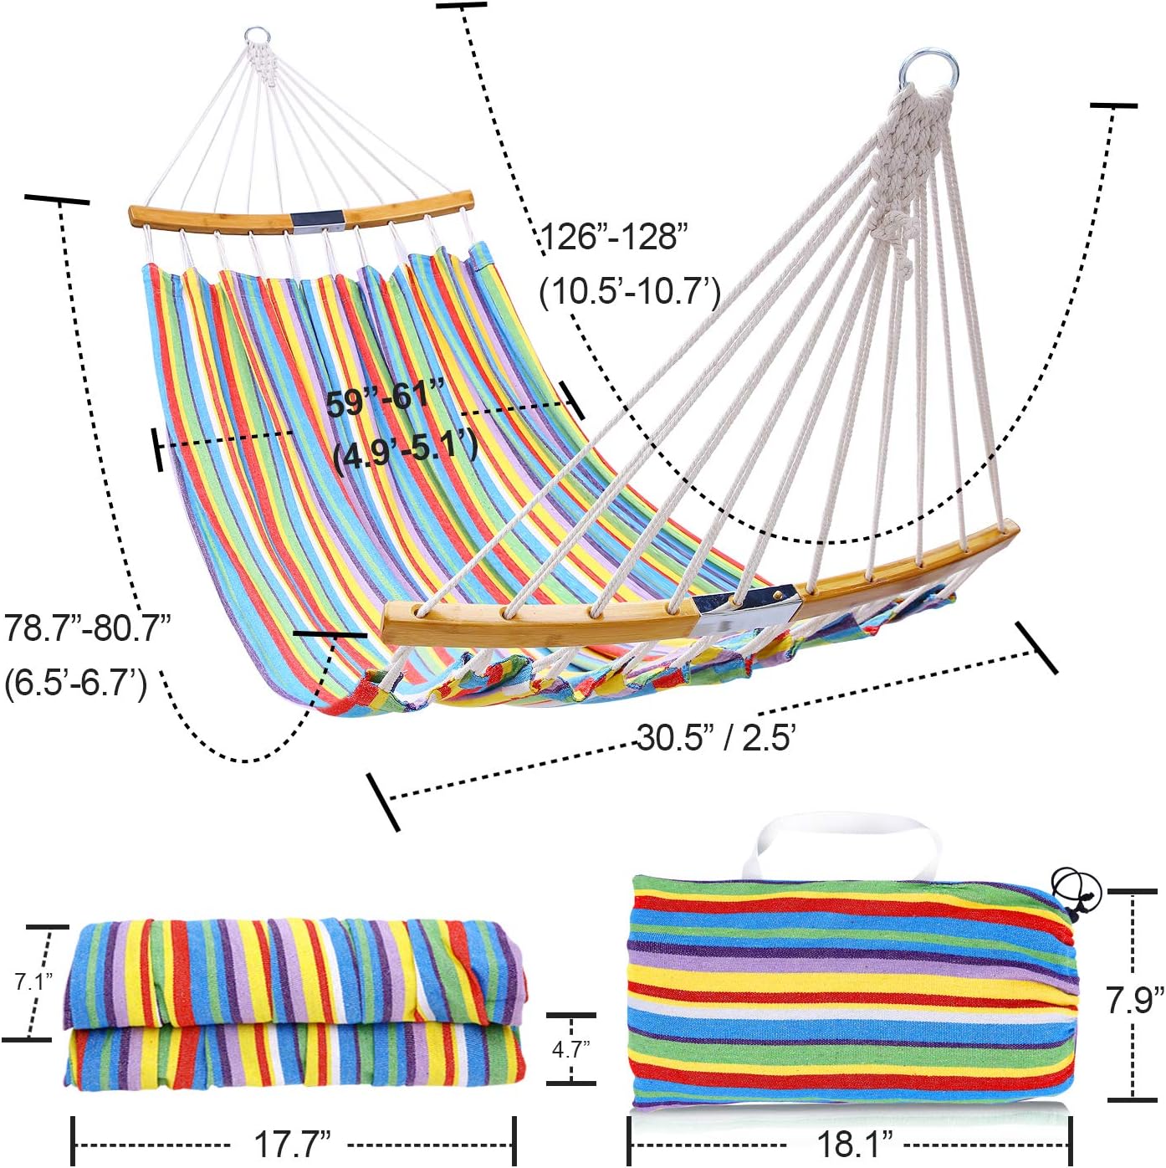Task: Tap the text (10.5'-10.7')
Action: tap(630, 292)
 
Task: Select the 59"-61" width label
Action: tap(386, 397)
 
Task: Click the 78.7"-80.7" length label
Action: tap(88, 628)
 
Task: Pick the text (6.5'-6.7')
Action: tap(76, 683)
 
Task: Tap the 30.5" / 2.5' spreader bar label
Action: tap(716, 738)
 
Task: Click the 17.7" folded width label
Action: tap(292, 1144)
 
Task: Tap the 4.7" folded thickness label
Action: tap(571, 1048)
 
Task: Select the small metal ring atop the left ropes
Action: tap(257, 38)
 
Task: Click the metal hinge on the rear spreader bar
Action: tap(317, 219)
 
